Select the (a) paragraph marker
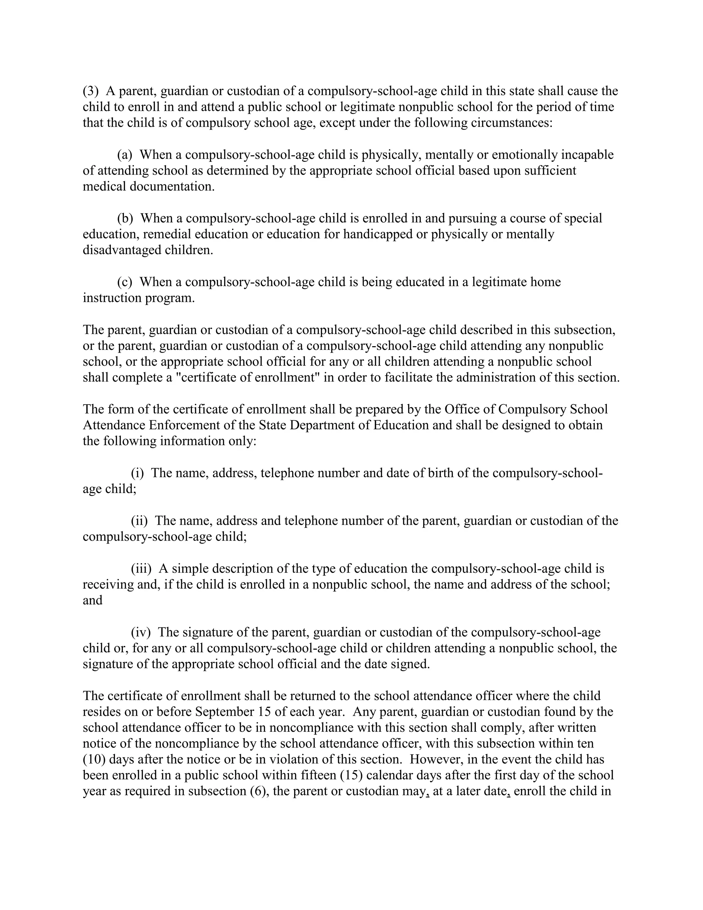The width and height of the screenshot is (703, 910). (x=124, y=155)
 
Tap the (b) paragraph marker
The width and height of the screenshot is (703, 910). (x=125, y=218)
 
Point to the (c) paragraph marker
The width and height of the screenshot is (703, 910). (x=124, y=282)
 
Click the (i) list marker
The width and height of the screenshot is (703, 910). (x=137, y=473)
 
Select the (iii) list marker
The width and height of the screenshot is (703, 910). (x=141, y=568)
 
